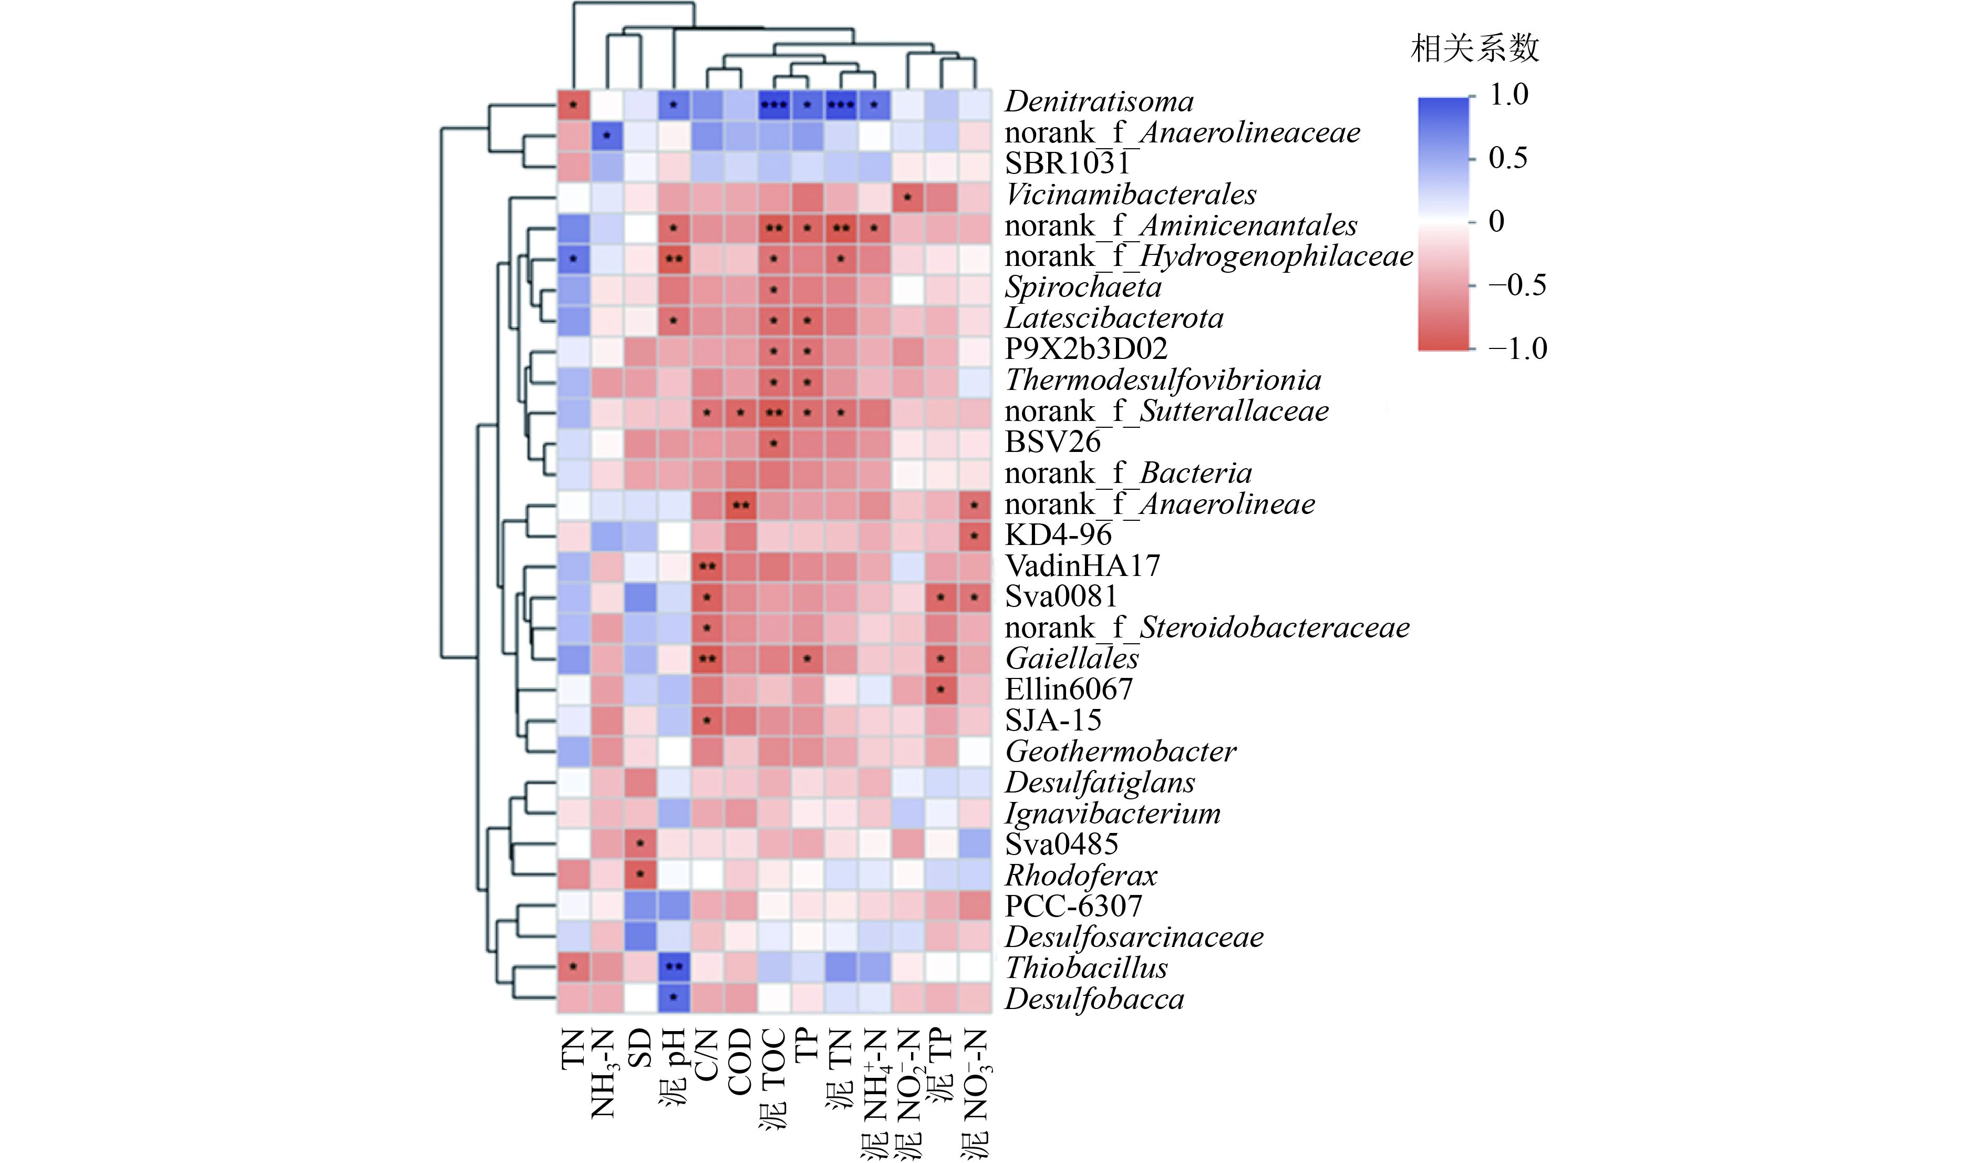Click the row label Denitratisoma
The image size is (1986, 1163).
point(1099,102)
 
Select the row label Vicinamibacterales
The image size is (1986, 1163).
point(1130,195)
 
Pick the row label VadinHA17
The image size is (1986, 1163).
point(1082,566)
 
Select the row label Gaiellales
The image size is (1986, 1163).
point(1072,658)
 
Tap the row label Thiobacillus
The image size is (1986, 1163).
point(1086,968)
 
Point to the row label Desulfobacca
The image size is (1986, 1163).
point(1094,1000)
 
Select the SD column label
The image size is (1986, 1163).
point(640,1048)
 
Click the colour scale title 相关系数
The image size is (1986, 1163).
point(1474,49)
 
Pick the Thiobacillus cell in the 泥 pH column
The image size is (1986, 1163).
point(674,966)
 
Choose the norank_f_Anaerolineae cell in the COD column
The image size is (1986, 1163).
point(740,505)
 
